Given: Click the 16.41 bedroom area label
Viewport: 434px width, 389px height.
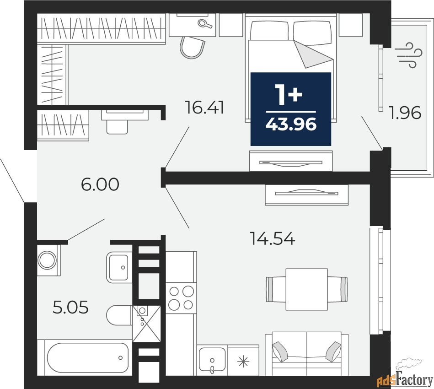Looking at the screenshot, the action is pos(204,108).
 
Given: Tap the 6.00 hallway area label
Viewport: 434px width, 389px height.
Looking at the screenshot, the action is pos(100,184).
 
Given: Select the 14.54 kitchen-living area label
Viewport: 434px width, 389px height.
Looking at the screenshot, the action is pos(273,238).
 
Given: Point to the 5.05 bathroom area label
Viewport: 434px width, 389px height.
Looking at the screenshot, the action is pos(70,307).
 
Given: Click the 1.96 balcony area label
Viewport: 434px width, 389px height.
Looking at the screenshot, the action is pos(405,113).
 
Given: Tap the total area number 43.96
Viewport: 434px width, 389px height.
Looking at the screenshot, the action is pos(291,124).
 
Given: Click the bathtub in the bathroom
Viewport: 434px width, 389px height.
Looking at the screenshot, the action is pos(88,358).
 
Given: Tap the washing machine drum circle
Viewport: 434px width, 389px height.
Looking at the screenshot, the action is pos(47,260).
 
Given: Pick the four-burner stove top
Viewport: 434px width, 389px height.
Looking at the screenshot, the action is pos(181,298).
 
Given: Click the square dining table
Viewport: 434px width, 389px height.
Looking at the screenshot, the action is pos(307,289).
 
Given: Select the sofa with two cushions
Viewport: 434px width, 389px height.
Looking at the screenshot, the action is pos(307,354).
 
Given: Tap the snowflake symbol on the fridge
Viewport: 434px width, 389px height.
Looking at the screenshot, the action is pos(243,362).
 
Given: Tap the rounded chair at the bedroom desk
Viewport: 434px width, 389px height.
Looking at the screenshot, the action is pos(193,48).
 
